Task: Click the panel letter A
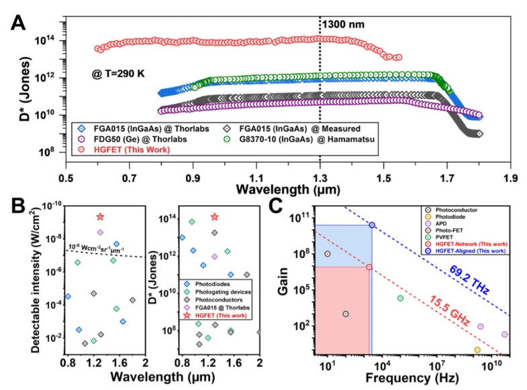pyautogui.click(x=18, y=25)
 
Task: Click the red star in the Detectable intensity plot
pyautogui.click(x=100, y=216)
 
